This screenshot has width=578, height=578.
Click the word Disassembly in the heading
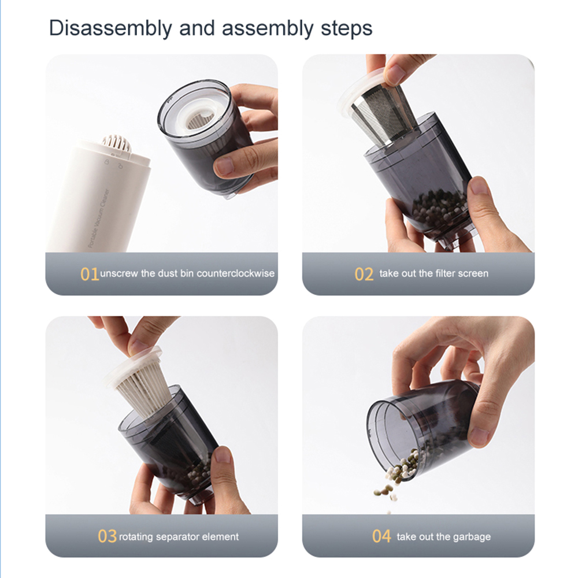(110, 28)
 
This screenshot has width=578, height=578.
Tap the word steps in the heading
(346, 28)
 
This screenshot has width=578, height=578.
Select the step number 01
(90, 274)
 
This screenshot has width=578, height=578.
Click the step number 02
(364, 274)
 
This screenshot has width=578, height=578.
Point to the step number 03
(107, 536)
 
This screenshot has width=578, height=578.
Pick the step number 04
(381, 536)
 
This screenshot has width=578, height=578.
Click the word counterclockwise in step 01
(236, 273)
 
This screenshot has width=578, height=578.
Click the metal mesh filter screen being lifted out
(383, 114)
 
